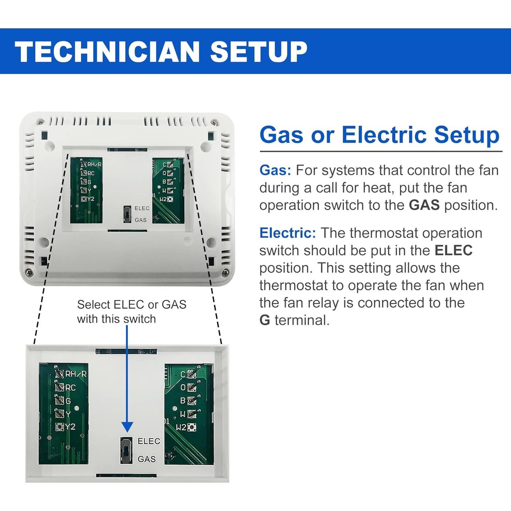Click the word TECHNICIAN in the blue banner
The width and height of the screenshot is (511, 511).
107,51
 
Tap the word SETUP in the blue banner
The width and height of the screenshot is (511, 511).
259,51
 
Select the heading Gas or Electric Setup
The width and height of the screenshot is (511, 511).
379,135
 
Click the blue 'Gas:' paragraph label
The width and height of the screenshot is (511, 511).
275,170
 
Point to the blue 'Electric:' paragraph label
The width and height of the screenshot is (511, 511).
288,233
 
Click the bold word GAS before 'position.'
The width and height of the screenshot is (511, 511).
424,205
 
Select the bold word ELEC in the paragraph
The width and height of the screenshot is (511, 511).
453,250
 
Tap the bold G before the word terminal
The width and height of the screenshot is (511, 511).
265,320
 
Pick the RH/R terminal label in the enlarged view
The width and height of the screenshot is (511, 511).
76,374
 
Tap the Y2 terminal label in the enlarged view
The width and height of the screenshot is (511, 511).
70,427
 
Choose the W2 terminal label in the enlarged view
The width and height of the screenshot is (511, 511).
181,427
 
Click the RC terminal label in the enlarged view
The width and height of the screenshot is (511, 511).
71,388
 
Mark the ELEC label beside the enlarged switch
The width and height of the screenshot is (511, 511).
149,441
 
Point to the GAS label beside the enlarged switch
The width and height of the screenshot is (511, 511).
147,459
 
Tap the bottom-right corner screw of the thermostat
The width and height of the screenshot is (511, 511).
224,272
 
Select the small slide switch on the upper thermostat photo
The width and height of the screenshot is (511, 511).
127,214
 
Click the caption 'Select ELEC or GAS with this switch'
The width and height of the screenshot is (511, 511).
131,311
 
